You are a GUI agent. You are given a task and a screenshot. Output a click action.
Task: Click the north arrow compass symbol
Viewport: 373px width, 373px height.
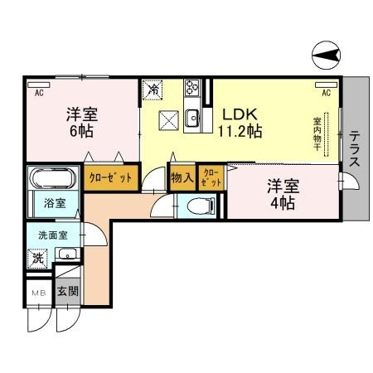(x=326, y=56)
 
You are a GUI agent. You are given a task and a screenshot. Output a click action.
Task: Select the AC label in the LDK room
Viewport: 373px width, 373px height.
(x=326, y=93)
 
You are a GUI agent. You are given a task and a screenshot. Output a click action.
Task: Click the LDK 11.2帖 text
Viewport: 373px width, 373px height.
(x=241, y=121)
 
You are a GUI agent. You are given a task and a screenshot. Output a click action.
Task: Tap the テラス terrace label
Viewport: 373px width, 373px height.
(x=354, y=149)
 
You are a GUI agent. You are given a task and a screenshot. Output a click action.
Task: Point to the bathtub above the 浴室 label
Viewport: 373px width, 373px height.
(x=51, y=179)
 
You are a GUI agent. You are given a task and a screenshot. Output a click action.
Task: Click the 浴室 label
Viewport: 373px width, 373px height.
(x=44, y=202)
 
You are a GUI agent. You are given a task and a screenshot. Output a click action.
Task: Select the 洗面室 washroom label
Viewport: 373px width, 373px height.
(x=45, y=234)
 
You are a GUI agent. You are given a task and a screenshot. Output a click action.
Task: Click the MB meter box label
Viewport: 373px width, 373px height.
(x=38, y=293)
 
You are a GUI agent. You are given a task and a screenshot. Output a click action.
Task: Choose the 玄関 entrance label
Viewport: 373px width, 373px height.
(x=67, y=292)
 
